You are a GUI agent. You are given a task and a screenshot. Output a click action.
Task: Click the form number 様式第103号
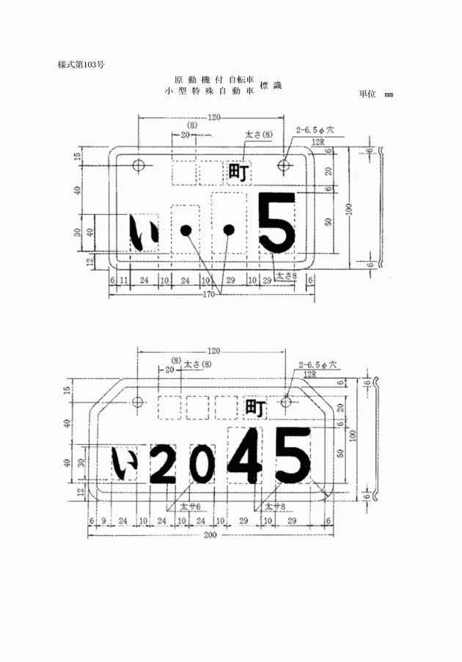(x=81, y=65)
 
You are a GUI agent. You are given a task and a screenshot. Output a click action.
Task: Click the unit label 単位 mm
(x=376, y=95)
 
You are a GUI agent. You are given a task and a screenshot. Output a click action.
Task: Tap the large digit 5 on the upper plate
(x=277, y=222)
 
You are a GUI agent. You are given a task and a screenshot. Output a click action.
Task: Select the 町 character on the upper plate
(x=238, y=173)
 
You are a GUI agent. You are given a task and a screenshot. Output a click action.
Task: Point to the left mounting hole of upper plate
(x=139, y=164)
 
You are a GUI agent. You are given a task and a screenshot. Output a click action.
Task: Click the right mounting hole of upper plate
(x=285, y=165)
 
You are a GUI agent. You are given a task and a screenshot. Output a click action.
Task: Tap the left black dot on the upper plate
(x=186, y=230)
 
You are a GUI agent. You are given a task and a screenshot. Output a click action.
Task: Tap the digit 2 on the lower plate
(x=163, y=465)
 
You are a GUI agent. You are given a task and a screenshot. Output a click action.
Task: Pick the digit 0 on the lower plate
(x=199, y=465)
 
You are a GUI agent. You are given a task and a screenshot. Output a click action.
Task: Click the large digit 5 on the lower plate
(x=293, y=455)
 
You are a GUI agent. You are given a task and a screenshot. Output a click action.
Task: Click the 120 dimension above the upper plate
(x=213, y=117)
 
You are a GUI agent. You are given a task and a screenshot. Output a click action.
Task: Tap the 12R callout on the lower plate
(x=310, y=374)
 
